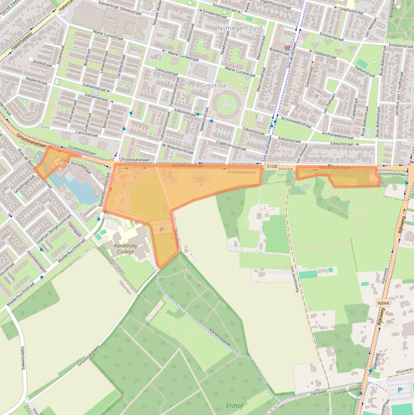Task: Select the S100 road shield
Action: (272, 167)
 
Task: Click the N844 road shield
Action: (383, 303)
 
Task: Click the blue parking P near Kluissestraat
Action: (399, 390)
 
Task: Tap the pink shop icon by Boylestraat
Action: (287, 48)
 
